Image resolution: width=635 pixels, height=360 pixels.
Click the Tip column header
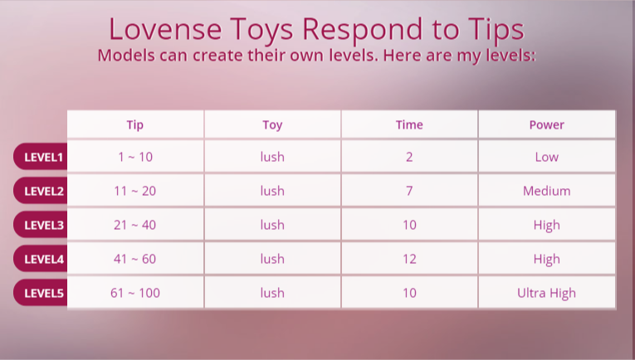click(134, 125)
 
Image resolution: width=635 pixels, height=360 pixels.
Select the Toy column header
click(272, 125)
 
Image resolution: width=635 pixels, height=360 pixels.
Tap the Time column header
click(409, 124)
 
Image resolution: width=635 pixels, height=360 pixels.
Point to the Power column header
click(546, 124)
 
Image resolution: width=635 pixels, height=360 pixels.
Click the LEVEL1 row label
click(41, 157)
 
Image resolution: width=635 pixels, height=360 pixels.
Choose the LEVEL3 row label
click(41, 225)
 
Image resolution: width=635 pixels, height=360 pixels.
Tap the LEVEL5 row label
click(41, 293)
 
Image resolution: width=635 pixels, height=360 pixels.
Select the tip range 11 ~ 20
click(134, 191)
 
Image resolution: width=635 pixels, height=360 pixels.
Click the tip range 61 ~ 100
click(134, 293)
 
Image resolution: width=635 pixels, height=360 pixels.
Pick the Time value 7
click(409, 191)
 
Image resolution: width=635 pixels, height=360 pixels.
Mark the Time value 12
click(409, 259)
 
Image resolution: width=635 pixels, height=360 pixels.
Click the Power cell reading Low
click(547, 157)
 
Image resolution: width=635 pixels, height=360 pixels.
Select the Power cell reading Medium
click(547, 191)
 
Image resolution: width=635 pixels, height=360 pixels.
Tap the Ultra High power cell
click(546, 294)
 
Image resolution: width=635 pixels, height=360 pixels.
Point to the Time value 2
click(409, 157)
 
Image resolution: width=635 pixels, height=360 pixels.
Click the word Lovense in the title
click(165, 29)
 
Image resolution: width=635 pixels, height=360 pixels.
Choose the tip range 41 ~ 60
click(134, 259)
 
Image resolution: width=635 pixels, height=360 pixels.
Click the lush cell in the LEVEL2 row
click(272, 191)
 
